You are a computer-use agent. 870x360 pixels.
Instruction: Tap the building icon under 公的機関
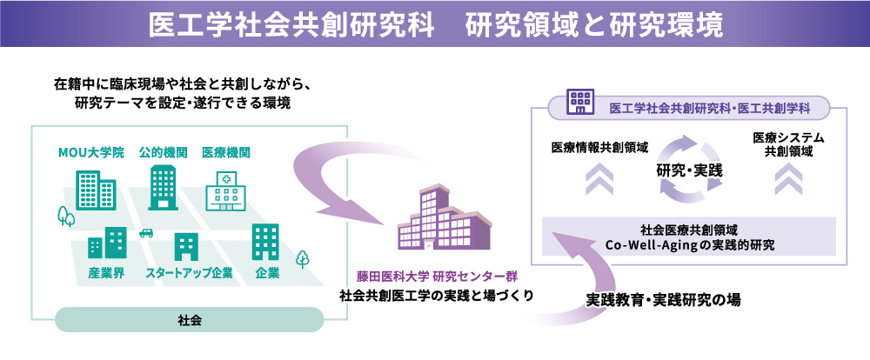click(163, 186)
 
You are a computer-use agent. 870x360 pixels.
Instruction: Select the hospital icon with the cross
click(225, 189)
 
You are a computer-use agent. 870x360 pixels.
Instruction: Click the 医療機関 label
click(225, 153)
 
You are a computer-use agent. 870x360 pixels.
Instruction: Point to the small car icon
click(145, 232)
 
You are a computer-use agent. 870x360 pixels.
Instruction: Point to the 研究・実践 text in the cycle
click(688, 170)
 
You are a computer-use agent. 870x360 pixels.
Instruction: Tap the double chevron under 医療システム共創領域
click(788, 179)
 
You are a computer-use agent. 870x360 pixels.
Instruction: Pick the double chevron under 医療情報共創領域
click(599, 179)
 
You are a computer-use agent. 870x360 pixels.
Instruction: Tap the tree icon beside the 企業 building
click(302, 258)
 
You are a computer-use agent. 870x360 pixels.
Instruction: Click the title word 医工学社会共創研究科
click(292, 24)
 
